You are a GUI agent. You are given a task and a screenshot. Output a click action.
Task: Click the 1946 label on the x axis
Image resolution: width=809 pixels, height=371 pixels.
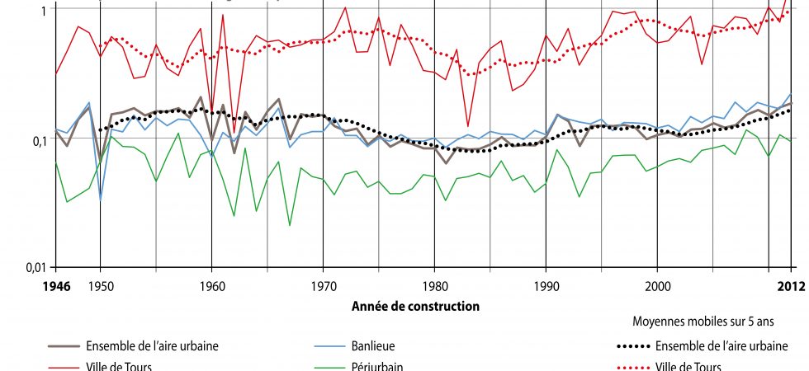[55, 286]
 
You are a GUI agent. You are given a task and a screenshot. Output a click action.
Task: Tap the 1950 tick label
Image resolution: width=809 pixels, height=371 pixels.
[100, 286]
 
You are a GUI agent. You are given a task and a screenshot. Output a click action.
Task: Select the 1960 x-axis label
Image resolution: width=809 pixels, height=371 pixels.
[212, 286]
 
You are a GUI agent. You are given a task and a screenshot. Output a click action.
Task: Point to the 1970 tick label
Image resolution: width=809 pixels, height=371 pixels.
[323, 286]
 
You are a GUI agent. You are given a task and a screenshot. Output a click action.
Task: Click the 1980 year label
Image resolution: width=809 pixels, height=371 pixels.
[434, 286]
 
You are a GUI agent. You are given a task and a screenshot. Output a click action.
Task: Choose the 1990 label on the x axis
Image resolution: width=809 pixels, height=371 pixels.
[546, 286]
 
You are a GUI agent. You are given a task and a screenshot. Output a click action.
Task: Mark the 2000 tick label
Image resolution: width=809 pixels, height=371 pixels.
[657, 286]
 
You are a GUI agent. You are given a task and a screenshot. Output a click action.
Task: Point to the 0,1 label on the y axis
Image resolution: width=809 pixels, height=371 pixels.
[38, 141]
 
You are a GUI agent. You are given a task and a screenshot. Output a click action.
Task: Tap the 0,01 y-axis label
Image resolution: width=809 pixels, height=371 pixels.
[34, 268]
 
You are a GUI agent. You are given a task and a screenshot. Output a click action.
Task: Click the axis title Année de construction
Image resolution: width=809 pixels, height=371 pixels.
[415, 307]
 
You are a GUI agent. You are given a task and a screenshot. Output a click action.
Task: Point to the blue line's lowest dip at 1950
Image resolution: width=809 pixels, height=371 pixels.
[101, 200]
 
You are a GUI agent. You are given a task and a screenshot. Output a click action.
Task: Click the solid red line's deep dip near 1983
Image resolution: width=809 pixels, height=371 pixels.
[468, 126]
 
